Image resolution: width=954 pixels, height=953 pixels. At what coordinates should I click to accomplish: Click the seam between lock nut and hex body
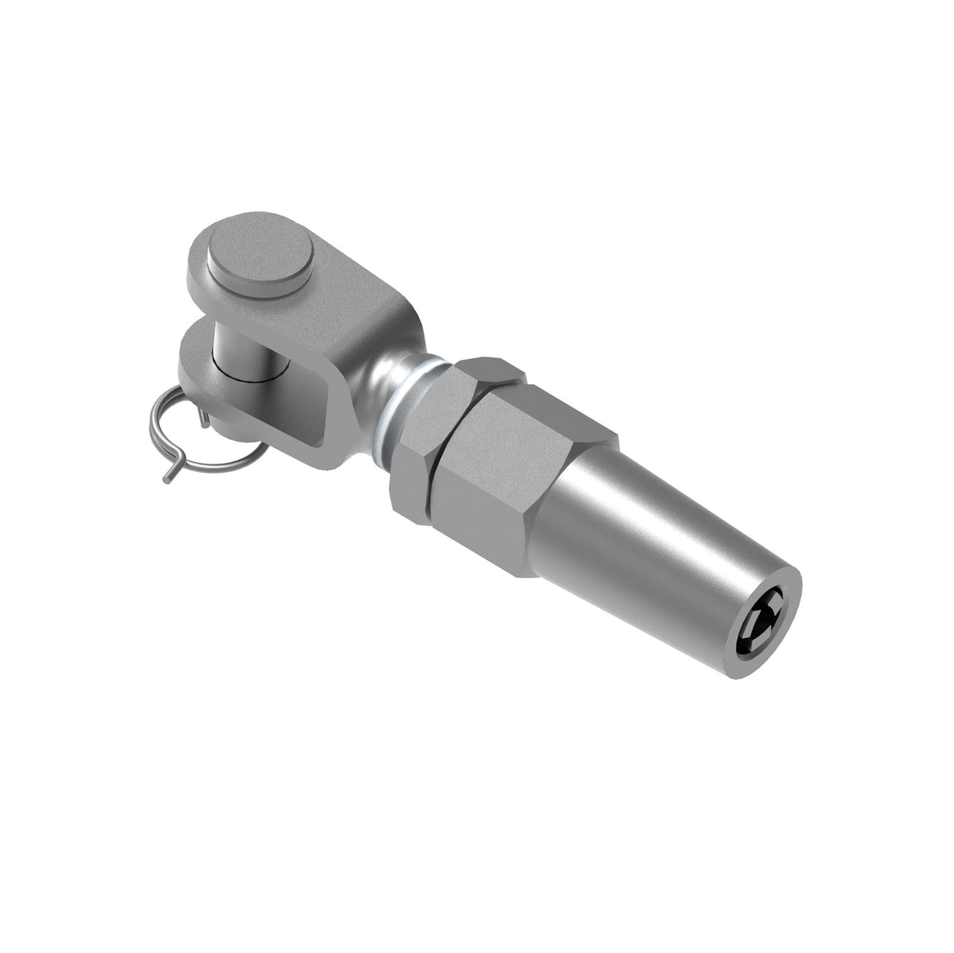tap(437, 471)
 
